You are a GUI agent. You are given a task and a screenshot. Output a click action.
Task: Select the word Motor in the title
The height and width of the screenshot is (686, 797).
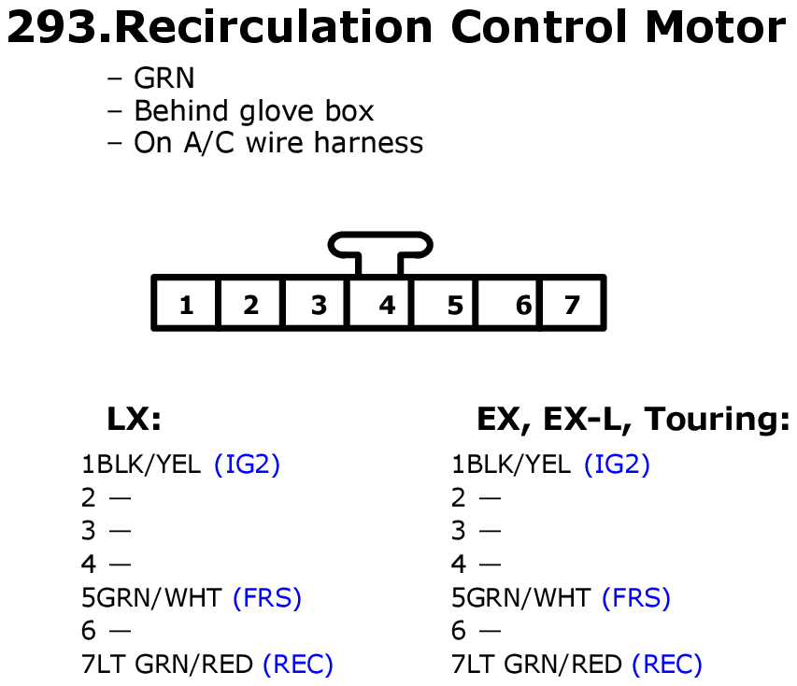pos(717,29)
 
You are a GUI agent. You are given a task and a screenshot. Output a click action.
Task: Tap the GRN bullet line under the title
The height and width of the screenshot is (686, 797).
pos(164,79)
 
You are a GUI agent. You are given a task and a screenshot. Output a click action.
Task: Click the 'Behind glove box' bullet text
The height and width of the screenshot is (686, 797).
pos(253,111)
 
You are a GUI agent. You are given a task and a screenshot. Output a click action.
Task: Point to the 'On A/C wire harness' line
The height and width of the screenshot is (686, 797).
pos(278,143)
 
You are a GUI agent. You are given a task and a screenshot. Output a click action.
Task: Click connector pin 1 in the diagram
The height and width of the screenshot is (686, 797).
pos(186,305)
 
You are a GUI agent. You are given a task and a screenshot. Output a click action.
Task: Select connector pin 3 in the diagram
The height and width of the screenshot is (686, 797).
pos(319,305)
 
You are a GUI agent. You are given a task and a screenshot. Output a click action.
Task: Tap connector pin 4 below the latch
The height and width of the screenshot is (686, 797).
pos(387,305)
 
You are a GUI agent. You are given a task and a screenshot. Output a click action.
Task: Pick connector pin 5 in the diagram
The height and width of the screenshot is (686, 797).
pos(454,305)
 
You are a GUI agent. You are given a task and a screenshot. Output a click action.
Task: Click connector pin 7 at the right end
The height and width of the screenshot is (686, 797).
pos(572,305)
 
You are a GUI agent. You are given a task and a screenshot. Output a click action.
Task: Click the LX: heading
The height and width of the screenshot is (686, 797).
pos(135,420)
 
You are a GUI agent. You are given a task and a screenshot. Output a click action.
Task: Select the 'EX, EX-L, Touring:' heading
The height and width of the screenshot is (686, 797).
pos(633,420)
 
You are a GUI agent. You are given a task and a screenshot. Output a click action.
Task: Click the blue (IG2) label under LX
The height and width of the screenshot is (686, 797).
pos(247,464)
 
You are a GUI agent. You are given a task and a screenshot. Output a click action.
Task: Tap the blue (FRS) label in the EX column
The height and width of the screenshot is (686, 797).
pos(636,597)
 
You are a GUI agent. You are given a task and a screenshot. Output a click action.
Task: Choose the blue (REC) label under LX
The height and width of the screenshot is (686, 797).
pos(298,665)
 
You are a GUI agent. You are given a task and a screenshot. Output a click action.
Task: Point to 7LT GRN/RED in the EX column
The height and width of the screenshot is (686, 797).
pos(537,665)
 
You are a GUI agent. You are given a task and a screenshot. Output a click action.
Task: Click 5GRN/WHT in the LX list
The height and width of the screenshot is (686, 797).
pos(153,597)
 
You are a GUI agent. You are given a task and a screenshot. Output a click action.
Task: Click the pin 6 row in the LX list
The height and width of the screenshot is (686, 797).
pos(106,631)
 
